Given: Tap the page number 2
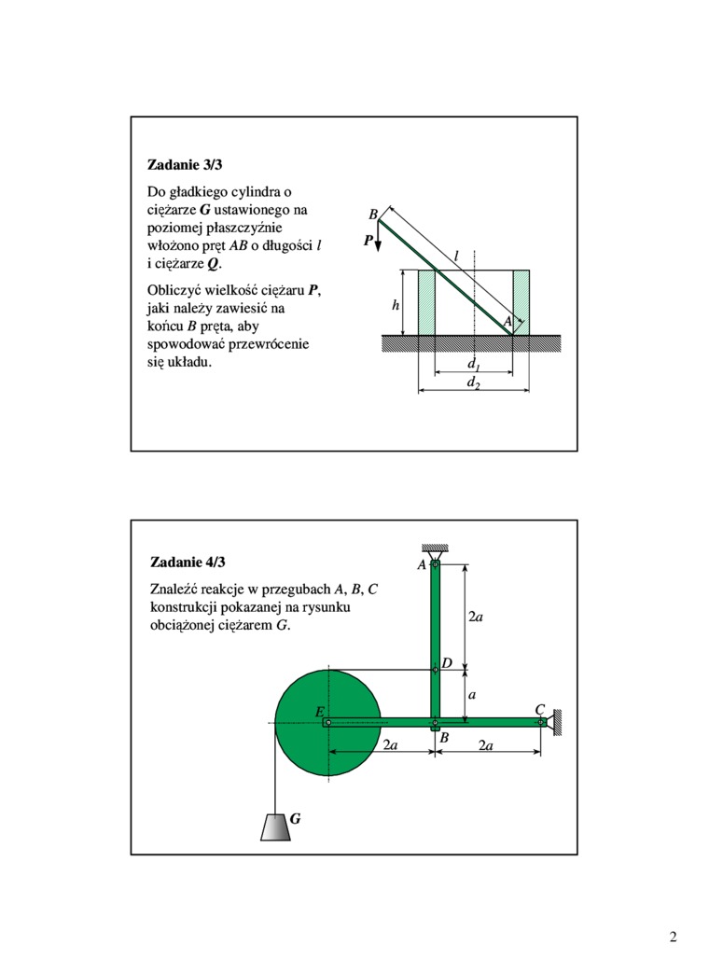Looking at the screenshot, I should click(x=673, y=937).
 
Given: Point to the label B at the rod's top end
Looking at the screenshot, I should click(x=373, y=215).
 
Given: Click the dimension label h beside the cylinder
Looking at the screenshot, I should click(x=395, y=304).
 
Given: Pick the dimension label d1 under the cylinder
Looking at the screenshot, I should click(x=473, y=364).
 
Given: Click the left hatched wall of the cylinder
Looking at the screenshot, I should click(x=427, y=302).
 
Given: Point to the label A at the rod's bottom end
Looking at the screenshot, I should click(x=507, y=321).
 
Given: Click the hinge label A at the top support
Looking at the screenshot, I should click(x=422, y=564).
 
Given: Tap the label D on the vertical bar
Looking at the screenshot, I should click(x=447, y=662).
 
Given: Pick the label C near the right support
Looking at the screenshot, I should click(x=539, y=710).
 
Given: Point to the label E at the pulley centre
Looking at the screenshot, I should click(x=319, y=712).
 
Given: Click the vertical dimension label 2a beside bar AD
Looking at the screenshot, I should click(x=475, y=617).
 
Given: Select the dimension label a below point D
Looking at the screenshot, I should click(x=472, y=695).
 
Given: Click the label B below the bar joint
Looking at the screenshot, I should click(x=444, y=738).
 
